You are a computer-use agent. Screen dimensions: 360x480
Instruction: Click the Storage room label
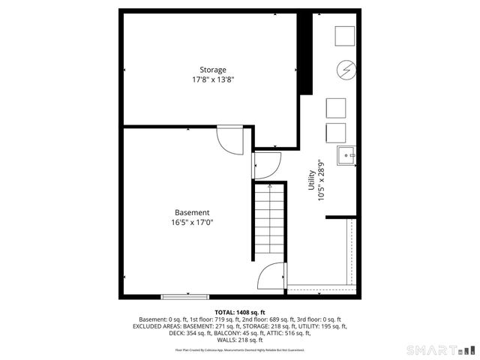pos(212,70)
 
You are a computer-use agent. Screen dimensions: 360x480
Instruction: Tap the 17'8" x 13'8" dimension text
pos(212,79)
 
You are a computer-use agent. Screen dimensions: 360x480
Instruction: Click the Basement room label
pos(192,212)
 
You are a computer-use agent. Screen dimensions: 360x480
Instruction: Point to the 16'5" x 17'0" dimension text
pos(192,222)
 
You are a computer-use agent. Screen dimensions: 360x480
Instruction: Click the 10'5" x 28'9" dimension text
pos(321,180)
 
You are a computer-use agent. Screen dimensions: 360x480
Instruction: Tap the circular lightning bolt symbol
pos(346,70)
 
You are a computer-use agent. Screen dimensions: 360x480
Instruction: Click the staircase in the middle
pos(269,221)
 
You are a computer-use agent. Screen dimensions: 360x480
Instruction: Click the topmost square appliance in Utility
pos(344,36)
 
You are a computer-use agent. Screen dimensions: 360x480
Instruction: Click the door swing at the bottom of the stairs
pos(271,278)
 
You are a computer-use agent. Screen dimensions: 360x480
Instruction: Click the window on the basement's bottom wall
pos(185,295)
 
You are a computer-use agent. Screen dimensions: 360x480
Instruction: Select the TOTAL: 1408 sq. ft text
pos(240,312)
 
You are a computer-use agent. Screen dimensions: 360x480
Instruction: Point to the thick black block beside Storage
pos(305,53)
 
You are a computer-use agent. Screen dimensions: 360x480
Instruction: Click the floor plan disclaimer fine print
pos(240,349)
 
